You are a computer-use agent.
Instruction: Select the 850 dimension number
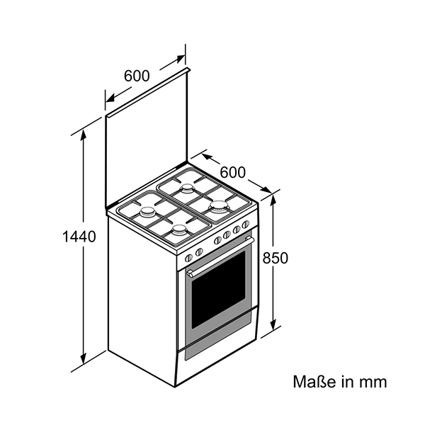(276, 259)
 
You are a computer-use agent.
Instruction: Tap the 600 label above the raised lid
(136, 76)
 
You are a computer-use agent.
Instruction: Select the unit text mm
(375, 382)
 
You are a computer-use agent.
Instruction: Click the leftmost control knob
(189, 258)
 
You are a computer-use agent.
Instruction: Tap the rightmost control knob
(246, 225)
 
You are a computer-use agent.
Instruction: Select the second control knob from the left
(199, 251)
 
